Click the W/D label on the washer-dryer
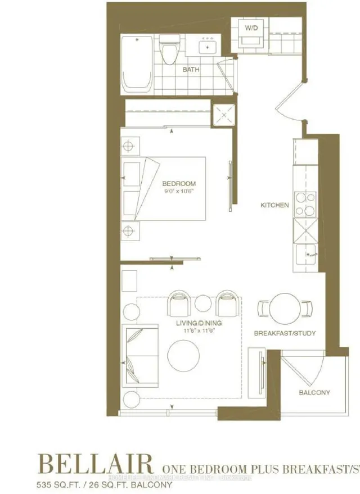pos(250,27)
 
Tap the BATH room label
pos(191,70)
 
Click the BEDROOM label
pos(179,184)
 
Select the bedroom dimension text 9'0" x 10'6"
pos(179,192)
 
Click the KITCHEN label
pos(274,205)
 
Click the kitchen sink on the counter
pos(307,256)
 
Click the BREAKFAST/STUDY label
pos(285,333)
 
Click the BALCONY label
pos(315,392)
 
